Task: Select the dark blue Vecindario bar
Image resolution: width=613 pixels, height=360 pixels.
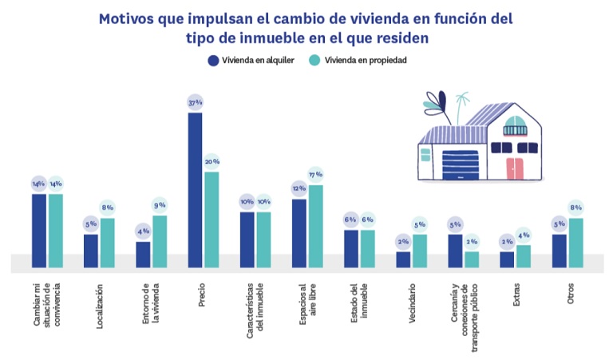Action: (x=403, y=259)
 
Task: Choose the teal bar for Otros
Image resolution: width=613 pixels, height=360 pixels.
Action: (x=575, y=243)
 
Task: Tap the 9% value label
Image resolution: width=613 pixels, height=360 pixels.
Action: (x=160, y=205)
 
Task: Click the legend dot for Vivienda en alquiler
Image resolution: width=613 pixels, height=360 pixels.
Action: (x=213, y=60)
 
